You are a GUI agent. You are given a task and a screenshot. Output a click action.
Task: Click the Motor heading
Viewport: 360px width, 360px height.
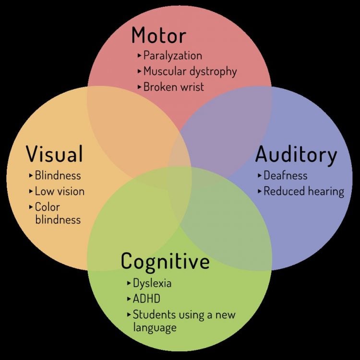[159, 36]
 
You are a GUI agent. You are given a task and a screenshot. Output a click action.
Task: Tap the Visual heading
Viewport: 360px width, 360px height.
[54, 155]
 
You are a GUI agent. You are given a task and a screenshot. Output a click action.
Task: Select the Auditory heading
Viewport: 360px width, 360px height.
[296, 155]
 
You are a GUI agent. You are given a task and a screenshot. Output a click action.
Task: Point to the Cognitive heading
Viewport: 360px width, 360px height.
[165, 262]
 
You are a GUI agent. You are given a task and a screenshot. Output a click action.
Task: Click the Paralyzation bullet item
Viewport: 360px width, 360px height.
[172, 56]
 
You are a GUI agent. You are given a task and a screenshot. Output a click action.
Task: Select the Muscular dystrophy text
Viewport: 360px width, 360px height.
[190, 72]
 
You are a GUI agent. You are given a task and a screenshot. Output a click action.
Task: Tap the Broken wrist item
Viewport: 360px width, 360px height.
[173, 87]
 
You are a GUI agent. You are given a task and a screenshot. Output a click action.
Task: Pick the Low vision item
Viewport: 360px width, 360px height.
[59, 191]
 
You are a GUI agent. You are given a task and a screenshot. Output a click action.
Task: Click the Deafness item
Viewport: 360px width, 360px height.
[285, 175]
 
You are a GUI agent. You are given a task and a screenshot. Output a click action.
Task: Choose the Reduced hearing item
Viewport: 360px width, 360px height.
[303, 191]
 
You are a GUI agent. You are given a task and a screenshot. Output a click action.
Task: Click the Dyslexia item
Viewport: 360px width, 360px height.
[152, 283]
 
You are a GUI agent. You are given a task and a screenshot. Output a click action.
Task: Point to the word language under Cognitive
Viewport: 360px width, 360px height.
[155, 328]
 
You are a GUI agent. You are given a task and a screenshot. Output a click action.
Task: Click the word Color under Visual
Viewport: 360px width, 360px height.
[47, 207]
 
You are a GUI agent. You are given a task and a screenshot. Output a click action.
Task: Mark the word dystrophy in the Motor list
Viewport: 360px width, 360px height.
[214, 72]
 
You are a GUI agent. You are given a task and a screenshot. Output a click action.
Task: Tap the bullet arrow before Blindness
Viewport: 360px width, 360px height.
[31, 176]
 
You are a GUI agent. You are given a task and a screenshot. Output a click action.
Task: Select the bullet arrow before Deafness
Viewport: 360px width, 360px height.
[260, 176]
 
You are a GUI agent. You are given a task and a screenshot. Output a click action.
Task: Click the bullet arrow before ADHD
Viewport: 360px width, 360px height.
[129, 299]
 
